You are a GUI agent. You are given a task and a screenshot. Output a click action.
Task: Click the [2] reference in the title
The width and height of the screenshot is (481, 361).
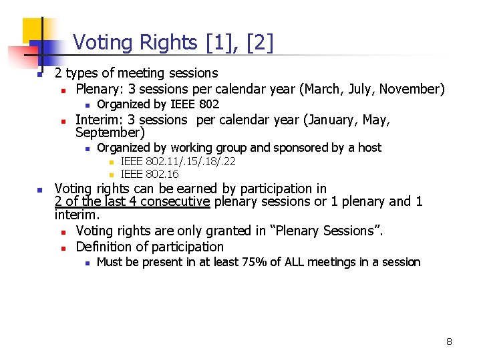(260, 43)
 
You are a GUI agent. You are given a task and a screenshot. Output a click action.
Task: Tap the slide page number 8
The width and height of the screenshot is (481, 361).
(449, 342)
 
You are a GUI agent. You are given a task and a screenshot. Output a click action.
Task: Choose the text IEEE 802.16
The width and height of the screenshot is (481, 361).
(150, 174)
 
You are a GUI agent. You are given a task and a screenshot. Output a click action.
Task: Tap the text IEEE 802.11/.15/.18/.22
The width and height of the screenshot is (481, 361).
(178, 161)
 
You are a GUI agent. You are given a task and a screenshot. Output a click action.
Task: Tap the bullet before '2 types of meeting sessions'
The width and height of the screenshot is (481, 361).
(39, 74)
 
